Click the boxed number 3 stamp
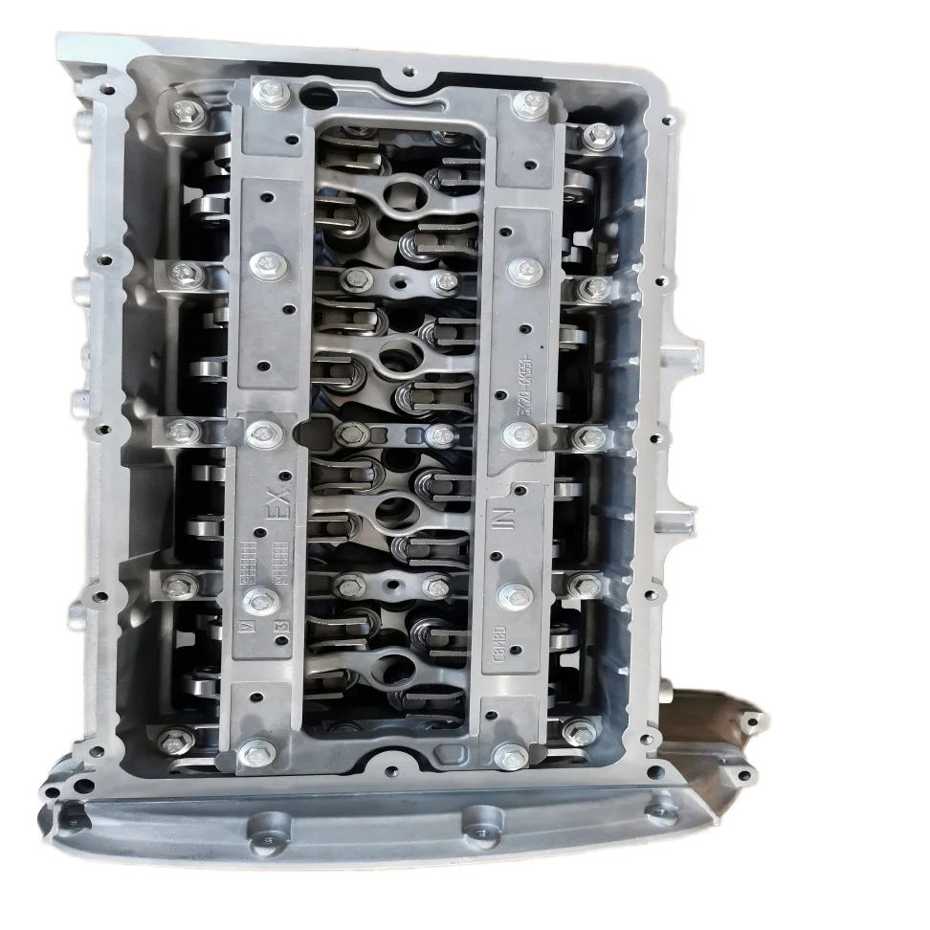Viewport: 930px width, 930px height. (x=280, y=627)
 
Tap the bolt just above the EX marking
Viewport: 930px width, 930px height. (x=259, y=435)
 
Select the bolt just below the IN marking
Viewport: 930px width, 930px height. (x=515, y=594)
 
